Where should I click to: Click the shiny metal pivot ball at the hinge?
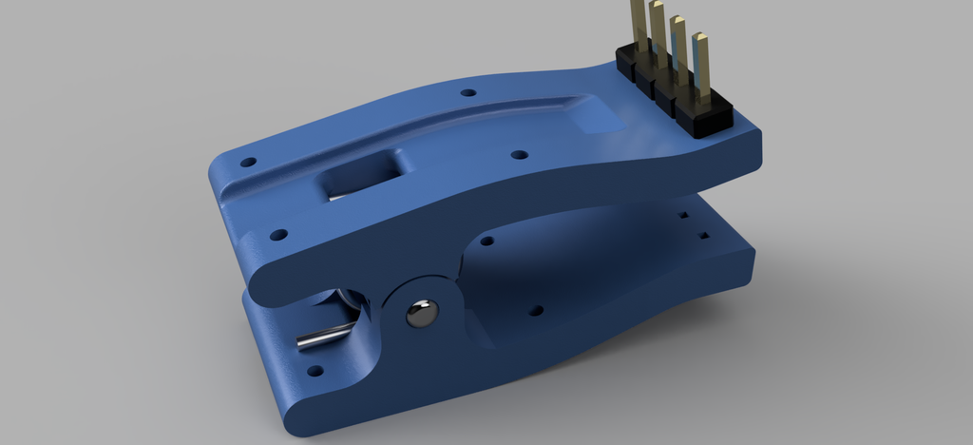point(421,312)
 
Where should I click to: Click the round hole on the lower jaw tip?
point(314,371)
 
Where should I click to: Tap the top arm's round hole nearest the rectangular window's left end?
point(248,162)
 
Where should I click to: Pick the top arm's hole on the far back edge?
point(467,93)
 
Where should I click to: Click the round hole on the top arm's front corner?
point(277,233)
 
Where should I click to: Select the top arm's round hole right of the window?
point(518,154)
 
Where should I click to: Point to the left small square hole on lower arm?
point(685,216)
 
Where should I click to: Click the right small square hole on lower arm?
point(704,233)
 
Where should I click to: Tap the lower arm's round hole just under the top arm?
point(486,242)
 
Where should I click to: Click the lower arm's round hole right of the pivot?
point(535,310)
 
